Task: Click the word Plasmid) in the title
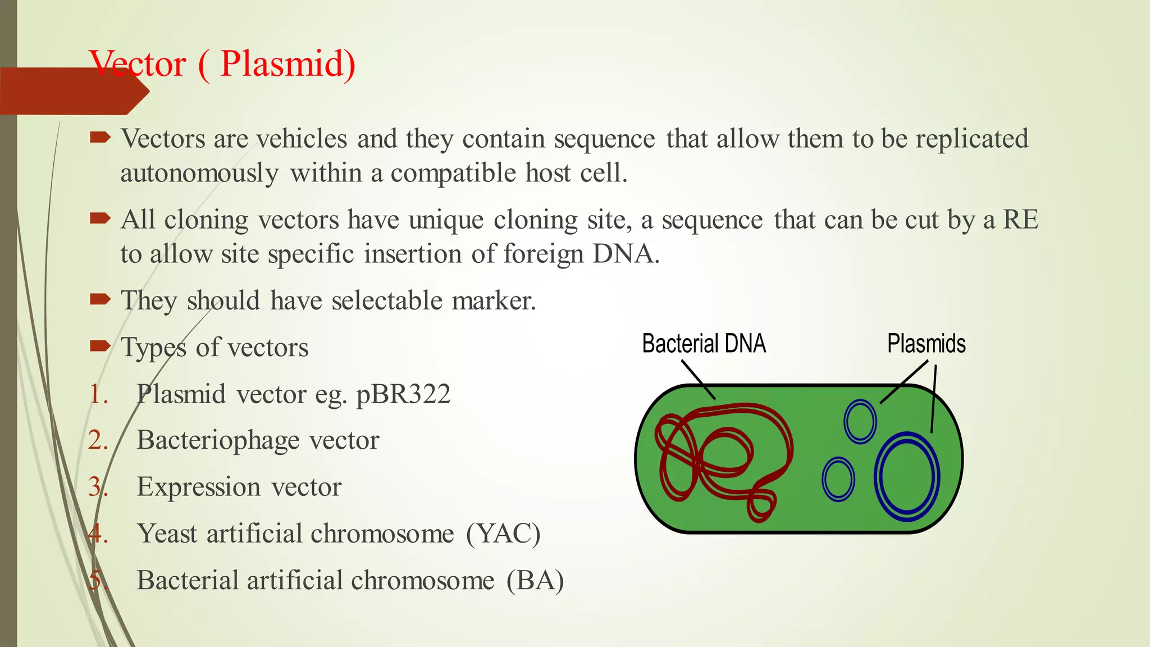click(x=287, y=64)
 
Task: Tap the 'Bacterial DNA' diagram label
click(x=704, y=344)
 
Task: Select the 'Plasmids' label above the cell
click(x=926, y=344)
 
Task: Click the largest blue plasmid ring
click(x=907, y=476)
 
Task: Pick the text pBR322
click(x=403, y=394)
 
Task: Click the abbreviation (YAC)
click(x=503, y=534)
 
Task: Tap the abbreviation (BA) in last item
click(x=535, y=580)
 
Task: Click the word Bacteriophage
click(x=218, y=440)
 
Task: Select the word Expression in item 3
click(x=199, y=487)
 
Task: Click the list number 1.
click(x=98, y=394)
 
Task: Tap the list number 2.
click(x=98, y=440)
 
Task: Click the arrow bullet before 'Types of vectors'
click(x=100, y=345)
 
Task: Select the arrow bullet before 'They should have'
click(x=100, y=299)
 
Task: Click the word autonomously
click(x=199, y=174)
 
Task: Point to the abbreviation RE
click(x=1020, y=220)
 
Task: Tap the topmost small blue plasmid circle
click(x=860, y=421)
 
